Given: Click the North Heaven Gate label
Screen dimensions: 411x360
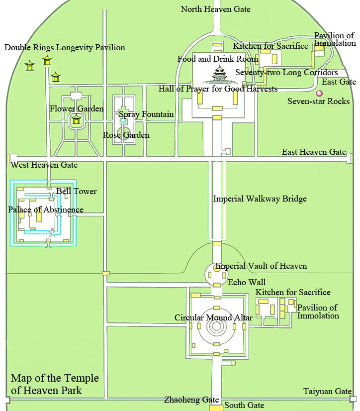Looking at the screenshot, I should [x=215, y=9].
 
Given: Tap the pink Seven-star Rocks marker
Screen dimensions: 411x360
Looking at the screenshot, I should [x=319, y=93].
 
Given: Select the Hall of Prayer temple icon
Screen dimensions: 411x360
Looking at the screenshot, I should [x=219, y=76].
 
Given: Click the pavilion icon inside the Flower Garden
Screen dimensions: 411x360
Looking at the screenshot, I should [x=76, y=119].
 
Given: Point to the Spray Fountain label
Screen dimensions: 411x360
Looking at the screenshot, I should [x=146, y=114].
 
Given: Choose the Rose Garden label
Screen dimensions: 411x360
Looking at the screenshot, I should [x=126, y=135].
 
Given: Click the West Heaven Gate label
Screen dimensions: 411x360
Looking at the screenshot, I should [x=44, y=165].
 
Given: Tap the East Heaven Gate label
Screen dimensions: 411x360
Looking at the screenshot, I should [x=313, y=152].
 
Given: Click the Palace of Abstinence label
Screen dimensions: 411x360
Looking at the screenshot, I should [x=46, y=209].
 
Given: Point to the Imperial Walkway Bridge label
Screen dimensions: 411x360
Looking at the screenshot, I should [x=260, y=199].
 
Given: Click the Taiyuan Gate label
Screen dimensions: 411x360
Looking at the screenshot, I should [x=327, y=392].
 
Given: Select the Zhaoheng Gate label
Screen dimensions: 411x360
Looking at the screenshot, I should [x=191, y=400].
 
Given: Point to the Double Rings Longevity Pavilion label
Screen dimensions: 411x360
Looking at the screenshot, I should [x=65, y=48].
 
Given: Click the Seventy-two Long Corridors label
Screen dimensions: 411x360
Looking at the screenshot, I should [x=286, y=73].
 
